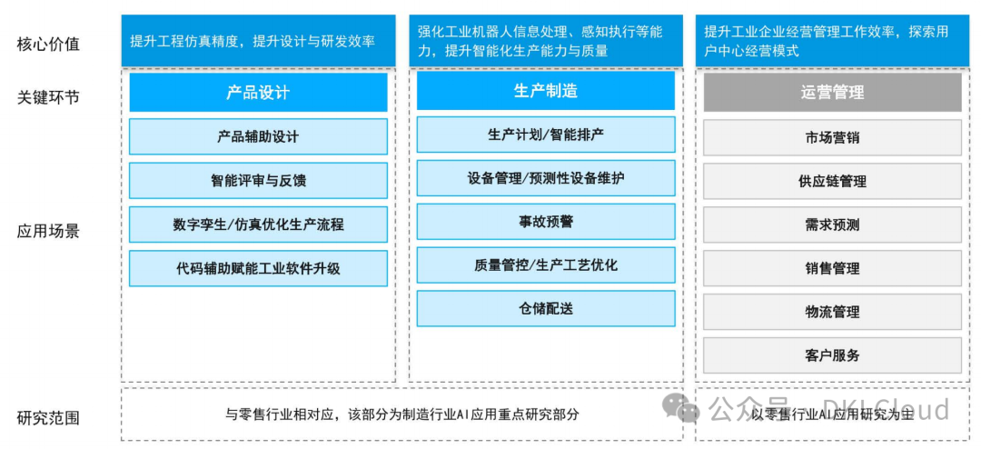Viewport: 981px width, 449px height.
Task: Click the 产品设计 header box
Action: pos(258,93)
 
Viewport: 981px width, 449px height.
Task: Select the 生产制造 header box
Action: pos(545,91)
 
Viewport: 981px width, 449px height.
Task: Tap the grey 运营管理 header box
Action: pos(832,93)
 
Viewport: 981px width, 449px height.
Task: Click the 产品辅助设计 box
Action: pos(258,137)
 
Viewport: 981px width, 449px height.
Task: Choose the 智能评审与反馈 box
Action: pos(258,181)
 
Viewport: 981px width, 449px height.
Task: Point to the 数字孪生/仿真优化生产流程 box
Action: pos(258,224)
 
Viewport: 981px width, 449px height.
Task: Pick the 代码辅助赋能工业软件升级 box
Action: pos(258,268)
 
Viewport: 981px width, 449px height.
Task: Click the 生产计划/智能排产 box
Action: pos(545,135)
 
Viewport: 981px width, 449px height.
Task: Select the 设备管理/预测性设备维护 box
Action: pos(545,178)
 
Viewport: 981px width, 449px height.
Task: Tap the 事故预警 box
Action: pos(545,222)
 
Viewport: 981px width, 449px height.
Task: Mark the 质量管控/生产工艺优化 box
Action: pos(545,265)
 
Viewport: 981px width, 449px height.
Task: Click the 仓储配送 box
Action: pos(545,309)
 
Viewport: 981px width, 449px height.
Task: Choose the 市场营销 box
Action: pos(832,138)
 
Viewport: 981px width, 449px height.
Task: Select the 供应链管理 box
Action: pos(832,182)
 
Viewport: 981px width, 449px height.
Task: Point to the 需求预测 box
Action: pos(832,225)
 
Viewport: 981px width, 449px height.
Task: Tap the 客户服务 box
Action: pos(832,355)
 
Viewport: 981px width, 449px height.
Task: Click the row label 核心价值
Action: pos(48,44)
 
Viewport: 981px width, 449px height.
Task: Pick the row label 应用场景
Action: pos(48,231)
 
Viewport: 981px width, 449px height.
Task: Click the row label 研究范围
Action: pos(48,418)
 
